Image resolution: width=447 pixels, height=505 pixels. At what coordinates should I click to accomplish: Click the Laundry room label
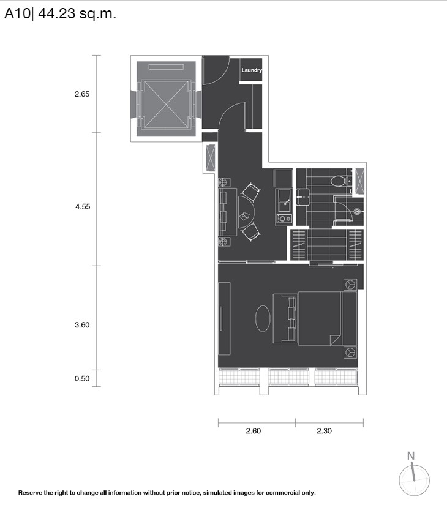pyautogui.click(x=252, y=70)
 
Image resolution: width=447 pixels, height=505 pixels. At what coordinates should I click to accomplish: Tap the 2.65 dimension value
pyautogui.click(x=82, y=94)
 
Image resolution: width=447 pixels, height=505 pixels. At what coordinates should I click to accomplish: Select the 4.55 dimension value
pyautogui.click(x=83, y=207)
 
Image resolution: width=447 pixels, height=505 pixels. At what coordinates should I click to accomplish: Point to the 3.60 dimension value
pyautogui.click(x=82, y=325)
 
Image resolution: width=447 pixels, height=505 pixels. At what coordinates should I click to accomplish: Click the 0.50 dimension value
pyautogui.click(x=82, y=379)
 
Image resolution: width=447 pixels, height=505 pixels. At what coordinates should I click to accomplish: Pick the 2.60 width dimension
pyautogui.click(x=253, y=431)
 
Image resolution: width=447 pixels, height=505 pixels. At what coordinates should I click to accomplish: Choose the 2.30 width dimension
pyautogui.click(x=324, y=431)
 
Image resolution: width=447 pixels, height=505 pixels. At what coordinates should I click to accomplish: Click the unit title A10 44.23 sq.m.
pyautogui.click(x=60, y=14)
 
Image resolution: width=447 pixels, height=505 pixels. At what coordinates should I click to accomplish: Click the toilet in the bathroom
pyautogui.click(x=339, y=181)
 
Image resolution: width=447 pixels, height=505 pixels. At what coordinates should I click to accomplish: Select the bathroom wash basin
pyautogui.click(x=303, y=196)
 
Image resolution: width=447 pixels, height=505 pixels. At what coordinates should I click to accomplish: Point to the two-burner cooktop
pyautogui.click(x=284, y=219)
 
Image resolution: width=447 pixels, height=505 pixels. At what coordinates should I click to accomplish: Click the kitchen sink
pyautogui.click(x=284, y=200)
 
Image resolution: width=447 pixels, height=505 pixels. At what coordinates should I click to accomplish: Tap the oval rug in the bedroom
pyautogui.click(x=263, y=318)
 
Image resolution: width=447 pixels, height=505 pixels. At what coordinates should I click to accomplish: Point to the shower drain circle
pyautogui.click(x=357, y=212)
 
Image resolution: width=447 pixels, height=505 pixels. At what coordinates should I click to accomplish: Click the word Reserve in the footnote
pyautogui.click(x=30, y=493)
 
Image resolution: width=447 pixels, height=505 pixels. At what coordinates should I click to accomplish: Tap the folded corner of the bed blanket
pyautogui.click(x=335, y=340)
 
